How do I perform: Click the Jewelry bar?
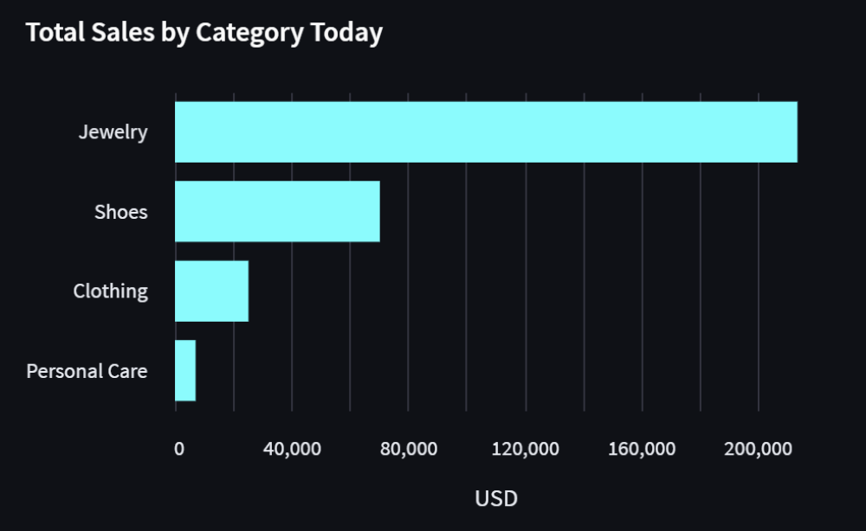tap(485, 132)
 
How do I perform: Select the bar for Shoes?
tap(277, 211)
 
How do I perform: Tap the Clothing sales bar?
tap(211, 291)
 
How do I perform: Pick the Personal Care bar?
tap(185, 370)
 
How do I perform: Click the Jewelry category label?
tap(113, 132)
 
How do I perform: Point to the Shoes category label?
tap(121, 212)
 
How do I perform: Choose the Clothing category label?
tap(110, 291)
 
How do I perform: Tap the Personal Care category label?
tap(87, 371)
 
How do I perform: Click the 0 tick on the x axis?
tap(178, 449)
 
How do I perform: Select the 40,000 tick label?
tap(291, 449)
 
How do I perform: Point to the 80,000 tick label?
tap(408, 449)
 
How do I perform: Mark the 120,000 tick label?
tap(525, 449)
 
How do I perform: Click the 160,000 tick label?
tap(642, 449)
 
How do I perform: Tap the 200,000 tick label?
tap(759, 449)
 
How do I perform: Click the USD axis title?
tap(496, 498)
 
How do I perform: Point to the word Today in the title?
tap(346, 33)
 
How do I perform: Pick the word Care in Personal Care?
tap(126, 371)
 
